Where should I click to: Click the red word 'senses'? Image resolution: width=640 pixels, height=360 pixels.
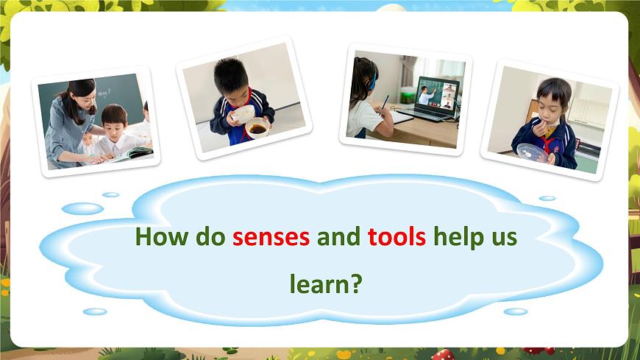(271, 239)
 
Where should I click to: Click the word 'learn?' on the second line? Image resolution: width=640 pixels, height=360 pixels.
(326, 283)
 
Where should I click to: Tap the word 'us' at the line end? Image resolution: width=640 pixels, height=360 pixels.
(505, 239)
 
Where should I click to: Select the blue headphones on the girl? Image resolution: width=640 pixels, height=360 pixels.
(373, 77)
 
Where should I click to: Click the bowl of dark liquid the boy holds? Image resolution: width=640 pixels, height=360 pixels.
(257, 130)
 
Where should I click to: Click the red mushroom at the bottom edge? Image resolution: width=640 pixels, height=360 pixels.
(443, 355)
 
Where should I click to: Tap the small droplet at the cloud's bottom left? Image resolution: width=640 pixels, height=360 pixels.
(95, 311)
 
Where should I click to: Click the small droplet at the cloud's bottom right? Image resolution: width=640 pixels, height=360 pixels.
(515, 311)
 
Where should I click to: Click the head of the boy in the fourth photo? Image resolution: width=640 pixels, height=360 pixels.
(552, 96)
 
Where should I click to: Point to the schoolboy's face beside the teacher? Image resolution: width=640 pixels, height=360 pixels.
(115, 121)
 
